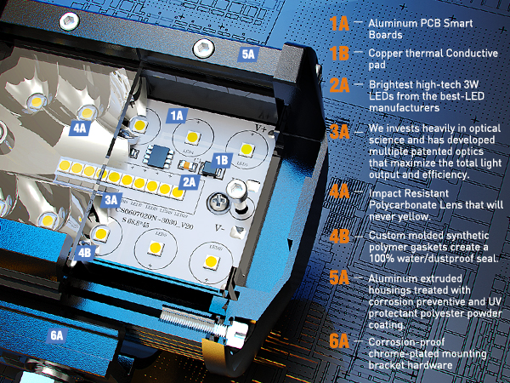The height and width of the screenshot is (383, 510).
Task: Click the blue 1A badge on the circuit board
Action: (178, 113)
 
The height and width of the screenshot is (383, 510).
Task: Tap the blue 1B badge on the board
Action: (222, 159)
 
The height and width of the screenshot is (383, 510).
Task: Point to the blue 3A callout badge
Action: (111, 199)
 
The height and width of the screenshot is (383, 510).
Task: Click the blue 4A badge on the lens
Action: (80, 127)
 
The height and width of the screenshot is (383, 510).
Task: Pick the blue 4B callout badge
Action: (85, 252)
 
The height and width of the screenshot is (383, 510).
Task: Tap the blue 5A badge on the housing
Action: (248, 54)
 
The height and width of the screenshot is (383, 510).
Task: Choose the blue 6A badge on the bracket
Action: (57, 335)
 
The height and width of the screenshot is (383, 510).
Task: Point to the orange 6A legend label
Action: (339, 342)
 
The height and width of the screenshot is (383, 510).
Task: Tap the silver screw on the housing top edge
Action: (202, 48)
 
